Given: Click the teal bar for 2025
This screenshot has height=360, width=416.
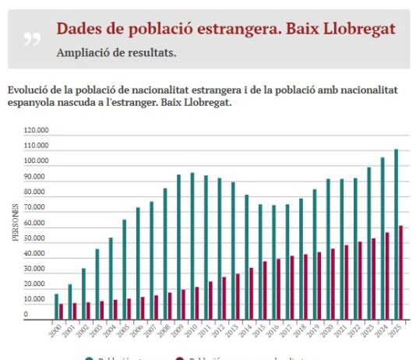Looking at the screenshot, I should click(x=395, y=234).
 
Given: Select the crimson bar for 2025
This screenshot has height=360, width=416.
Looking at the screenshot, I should click(x=400, y=272).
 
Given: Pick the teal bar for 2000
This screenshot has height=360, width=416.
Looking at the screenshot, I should click(x=56, y=306).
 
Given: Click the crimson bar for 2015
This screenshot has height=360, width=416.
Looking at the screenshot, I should click(x=265, y=290).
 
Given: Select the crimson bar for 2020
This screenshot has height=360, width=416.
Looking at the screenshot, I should click(x=333, y=284).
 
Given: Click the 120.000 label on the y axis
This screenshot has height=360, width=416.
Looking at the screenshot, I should click(x=37, y=131).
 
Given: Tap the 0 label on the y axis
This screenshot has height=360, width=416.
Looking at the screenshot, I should click(x=26, y=315).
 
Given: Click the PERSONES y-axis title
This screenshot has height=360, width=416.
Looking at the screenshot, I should click(x=15, y=223).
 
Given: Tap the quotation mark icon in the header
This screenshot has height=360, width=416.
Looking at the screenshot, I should click(x=32, y=39).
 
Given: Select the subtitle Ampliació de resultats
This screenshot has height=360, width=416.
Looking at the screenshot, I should click(x=116, y=53).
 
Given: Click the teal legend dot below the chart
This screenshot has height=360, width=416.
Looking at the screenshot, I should click(x=89, y=358).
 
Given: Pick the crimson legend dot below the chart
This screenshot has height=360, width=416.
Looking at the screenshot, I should click(x=180, y=358).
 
